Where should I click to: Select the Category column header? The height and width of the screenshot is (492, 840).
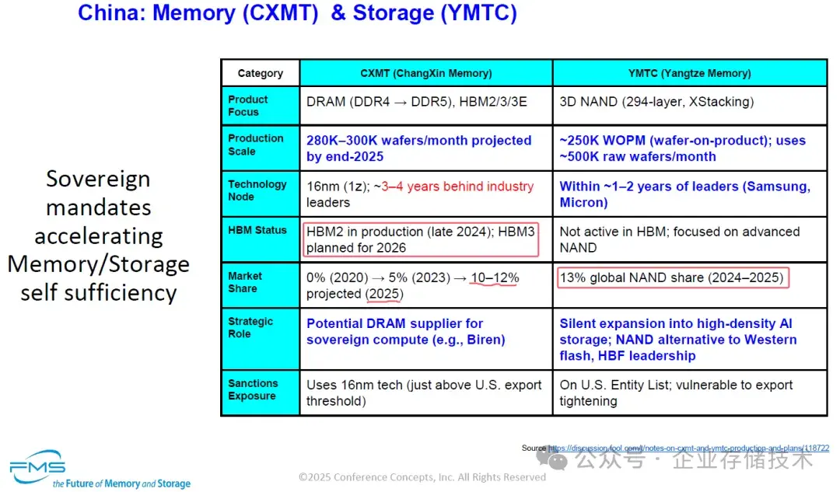click(260, 73)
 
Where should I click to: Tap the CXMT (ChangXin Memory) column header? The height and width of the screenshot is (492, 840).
click(425, 73)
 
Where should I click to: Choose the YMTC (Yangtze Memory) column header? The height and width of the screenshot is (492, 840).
click(689, 73)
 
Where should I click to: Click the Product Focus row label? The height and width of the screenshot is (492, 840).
click(248, 106)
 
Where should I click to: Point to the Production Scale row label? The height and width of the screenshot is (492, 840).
click(255, 145)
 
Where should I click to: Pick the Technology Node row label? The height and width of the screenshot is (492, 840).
click(257, 190)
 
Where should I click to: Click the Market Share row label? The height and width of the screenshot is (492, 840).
click(245, 282)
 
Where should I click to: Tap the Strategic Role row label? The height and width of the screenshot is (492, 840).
click(250, 327)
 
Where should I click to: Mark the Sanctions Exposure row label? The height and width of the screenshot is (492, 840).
click(253, 389)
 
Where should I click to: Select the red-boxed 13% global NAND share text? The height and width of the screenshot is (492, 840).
click(673, 277)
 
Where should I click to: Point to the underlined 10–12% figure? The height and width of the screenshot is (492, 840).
click(494, 278)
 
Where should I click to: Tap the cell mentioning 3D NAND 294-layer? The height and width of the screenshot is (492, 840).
click(656, 102)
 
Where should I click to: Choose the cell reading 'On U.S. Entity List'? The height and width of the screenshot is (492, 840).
click(676, 393)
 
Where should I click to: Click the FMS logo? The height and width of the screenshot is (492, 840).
click(37, 464)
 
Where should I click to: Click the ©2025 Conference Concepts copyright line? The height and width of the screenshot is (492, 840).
click(422, 477)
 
